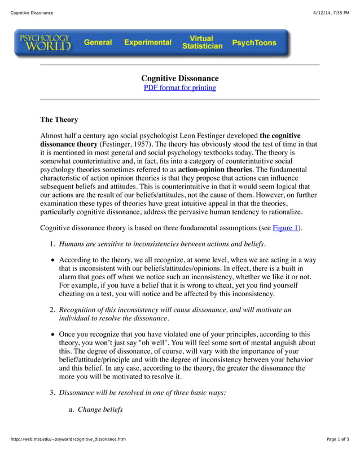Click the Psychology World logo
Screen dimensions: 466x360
pos(45,42)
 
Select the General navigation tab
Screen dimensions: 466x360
pos(98,42)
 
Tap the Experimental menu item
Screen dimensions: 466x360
pos(148,42)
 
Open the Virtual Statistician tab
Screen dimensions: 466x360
pos(202,42)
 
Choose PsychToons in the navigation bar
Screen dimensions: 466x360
pos(254,42)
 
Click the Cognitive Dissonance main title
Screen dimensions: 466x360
pos(179,78)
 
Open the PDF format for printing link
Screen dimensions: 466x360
pos(179,87)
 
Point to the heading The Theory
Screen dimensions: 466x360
pos(59,120)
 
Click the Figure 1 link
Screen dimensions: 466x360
pos(286,228)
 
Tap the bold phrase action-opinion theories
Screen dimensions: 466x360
pos(215,169)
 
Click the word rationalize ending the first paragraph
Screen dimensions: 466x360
pos(282,212)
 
